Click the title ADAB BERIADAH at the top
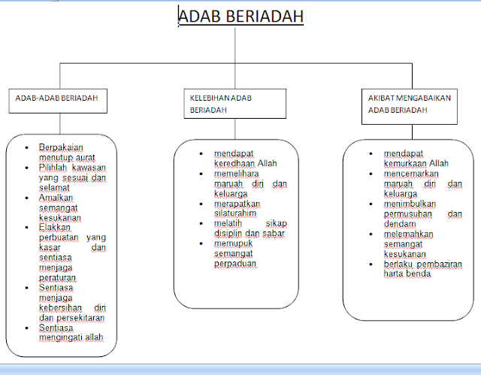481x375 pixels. [x=240, y=17]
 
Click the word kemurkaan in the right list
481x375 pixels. [x=404, y=162]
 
